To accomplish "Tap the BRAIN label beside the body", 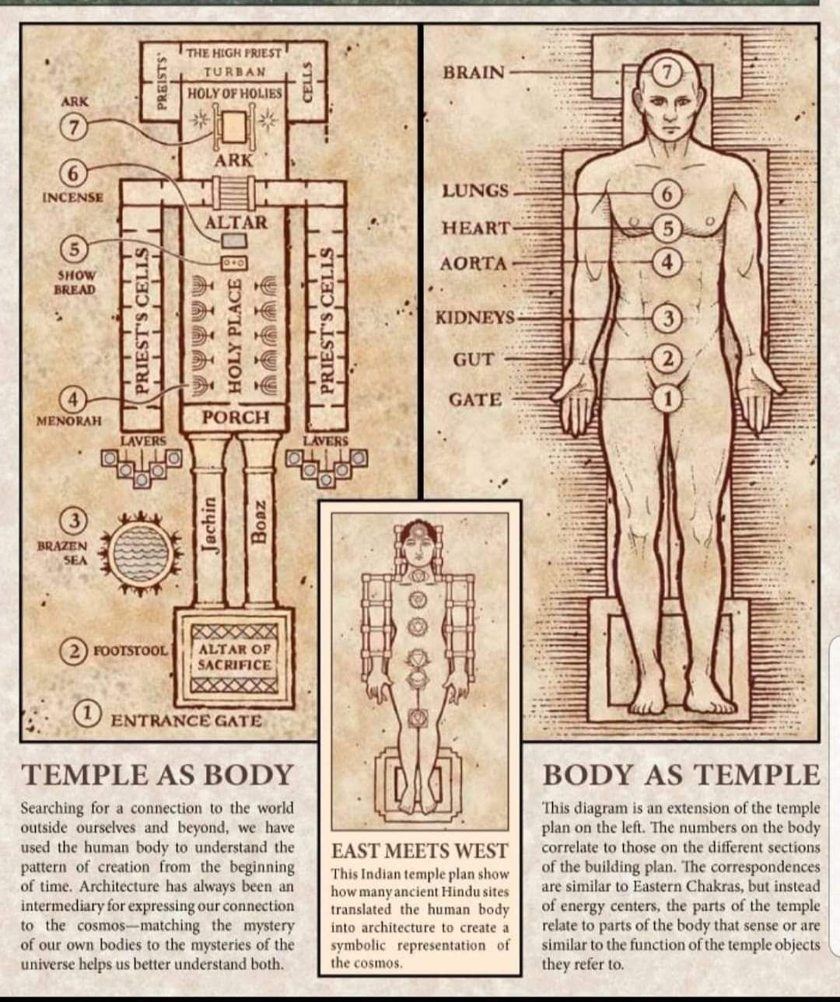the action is (474, 73).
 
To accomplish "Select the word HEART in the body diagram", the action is (476, 228).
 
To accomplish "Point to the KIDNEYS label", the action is (475, 317).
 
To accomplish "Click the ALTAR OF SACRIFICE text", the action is (235, 658).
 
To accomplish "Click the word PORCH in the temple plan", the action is (236, 417).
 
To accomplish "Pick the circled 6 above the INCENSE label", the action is (73, 174).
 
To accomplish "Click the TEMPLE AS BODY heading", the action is (158, 774).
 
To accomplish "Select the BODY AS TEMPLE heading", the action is (681, 774).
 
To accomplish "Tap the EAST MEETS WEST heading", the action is (420, 851).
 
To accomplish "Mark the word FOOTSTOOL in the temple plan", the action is (131, 651).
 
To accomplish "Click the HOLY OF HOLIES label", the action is (234, 93).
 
